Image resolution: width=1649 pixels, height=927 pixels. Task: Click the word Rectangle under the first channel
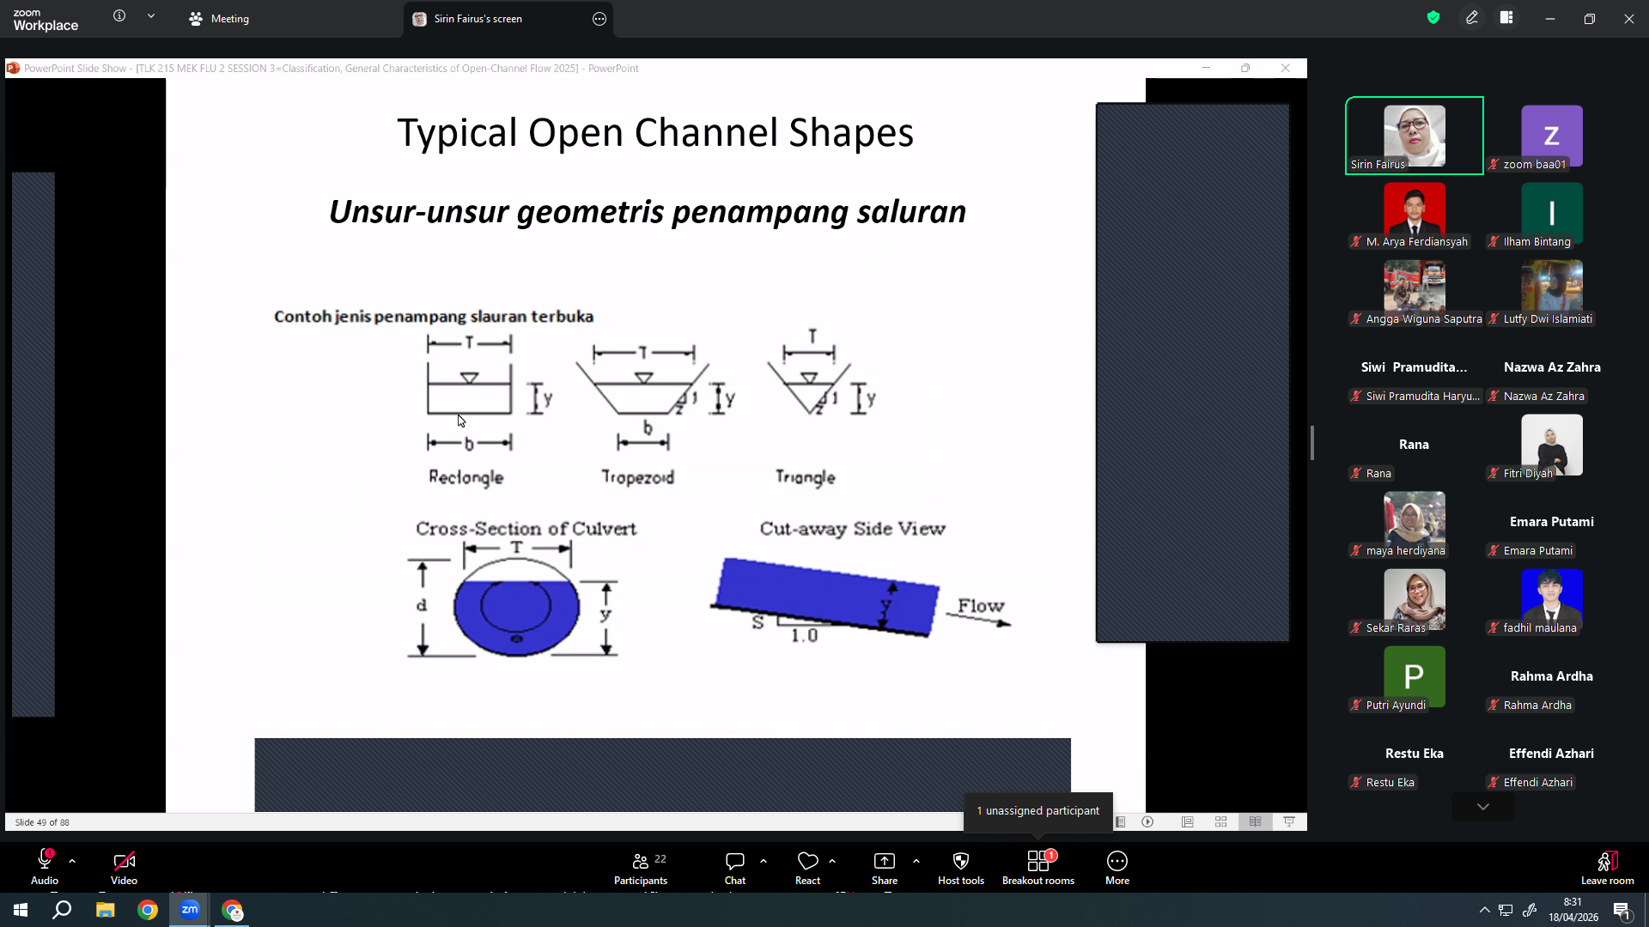click(x=466, y=477)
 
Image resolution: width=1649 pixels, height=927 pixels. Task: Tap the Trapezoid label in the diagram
click(x=637, y=477)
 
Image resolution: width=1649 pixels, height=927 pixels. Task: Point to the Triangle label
click(x=805, y=477)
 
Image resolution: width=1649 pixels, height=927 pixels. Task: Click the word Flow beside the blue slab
click(x=981, y=606)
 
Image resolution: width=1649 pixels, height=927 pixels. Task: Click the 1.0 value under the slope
click(x=804, y=635)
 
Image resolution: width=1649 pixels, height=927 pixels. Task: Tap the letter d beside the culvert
click(x=422, y=605)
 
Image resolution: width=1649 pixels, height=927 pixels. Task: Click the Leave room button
click(x=1607, y=868)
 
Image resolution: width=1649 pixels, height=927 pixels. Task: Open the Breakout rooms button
click(x=1038, y=868)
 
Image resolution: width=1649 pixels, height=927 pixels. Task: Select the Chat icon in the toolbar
click(x=734, y=861)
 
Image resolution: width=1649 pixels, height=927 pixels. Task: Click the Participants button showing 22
click(x=641, y=868)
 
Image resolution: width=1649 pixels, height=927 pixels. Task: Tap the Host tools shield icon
click(x=961, y=861)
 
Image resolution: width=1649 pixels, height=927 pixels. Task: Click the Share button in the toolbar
click(x=884, y=868)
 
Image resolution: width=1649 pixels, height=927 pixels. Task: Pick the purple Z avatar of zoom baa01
click(x=1551, y=136)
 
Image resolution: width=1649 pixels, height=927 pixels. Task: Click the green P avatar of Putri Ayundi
click(x=1414, y=676)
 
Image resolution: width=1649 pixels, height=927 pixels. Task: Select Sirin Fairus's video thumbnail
click(x=1414, y=136)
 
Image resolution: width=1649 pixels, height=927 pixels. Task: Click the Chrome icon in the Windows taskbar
click(x=148, y=910)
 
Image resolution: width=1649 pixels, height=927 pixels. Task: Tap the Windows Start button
click(x=21, y=910)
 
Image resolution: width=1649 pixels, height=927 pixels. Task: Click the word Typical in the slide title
click(x=457, y=134)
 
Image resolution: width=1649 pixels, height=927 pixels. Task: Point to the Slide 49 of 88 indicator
click(x=42, y=822)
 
